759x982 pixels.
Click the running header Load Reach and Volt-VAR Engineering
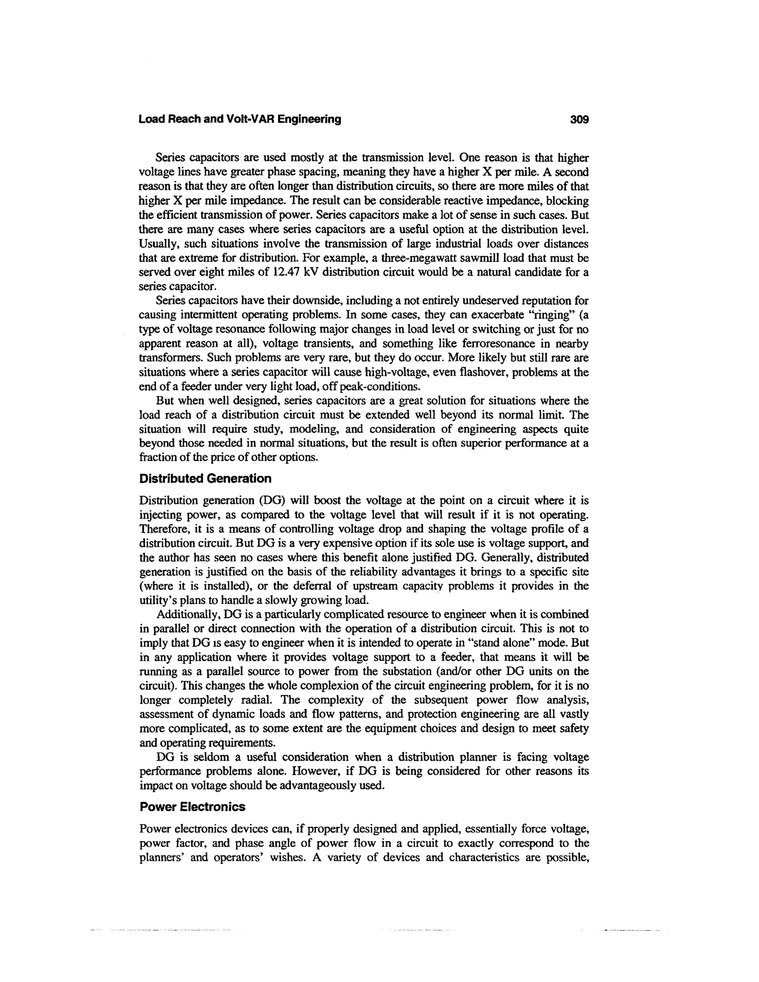point(240,119)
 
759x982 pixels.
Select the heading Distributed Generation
point(205,478)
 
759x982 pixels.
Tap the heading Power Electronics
point(192,807)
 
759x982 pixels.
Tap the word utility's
point(158,600)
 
